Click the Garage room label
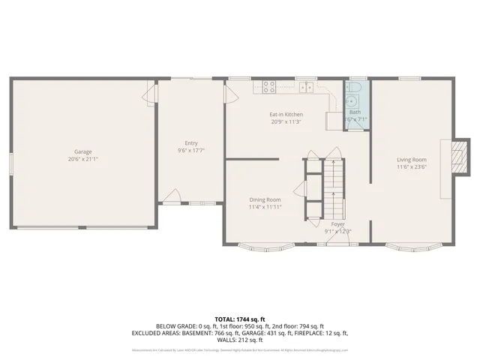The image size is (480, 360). click(x=82, y=151)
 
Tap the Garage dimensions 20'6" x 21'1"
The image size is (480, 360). click(x=82, y=158)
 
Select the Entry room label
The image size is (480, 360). click(x=191, y=143)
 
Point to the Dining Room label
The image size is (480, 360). click(x=265, y=199)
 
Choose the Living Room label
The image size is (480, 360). click(x=412, y=159)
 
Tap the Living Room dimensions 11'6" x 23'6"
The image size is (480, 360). click(x=412, y=166)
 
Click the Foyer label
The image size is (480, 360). click(x=337, y=224)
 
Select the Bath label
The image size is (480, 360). click(x=354, y=112)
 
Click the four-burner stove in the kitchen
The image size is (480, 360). click(x=268, y=85)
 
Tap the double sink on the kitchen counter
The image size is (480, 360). click(x=307, y=86)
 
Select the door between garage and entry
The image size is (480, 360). click(x=152, y=96)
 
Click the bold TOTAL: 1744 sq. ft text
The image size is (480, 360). click(x=240, y=319)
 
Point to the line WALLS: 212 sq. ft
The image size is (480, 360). click(x=240, y=339)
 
